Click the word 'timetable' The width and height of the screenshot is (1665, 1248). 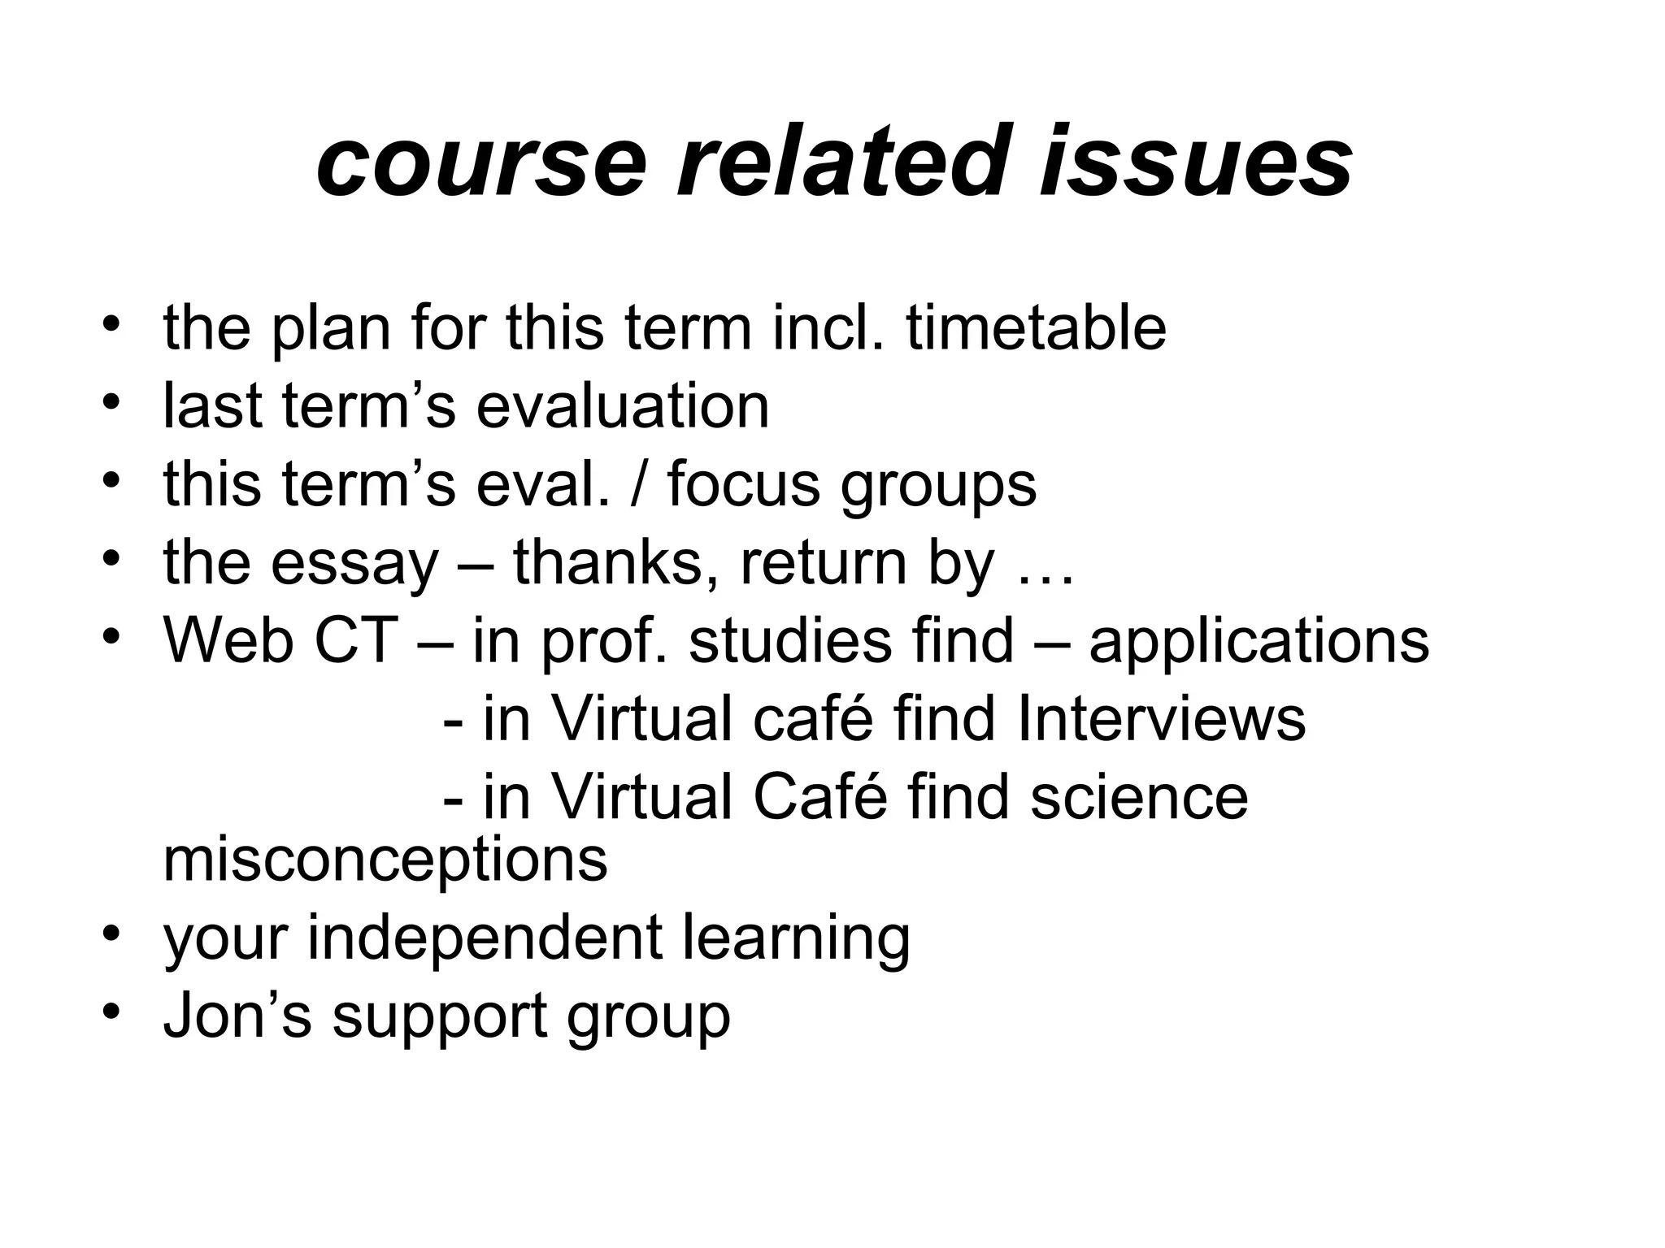click(x=1036, y=328)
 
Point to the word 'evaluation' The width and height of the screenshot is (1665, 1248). click(x=622, y=406)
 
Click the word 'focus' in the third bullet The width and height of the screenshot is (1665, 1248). click(x=743, y=484)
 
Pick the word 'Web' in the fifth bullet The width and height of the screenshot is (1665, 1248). click(x=228, y=640)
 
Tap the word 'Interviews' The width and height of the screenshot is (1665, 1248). click(x=1161, y=718)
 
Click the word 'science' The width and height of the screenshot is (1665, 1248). click(x=1139, y=797)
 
